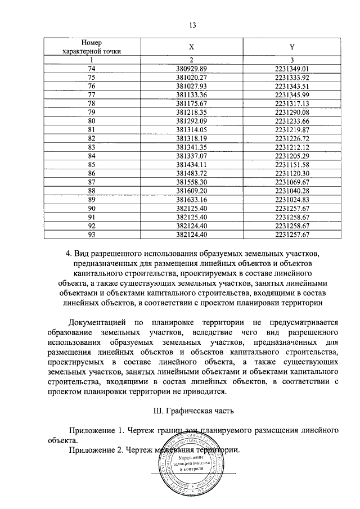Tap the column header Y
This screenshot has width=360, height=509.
(289, 47)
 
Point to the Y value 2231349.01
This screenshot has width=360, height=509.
(289, 69)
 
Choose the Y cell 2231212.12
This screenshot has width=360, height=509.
(289, 146)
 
